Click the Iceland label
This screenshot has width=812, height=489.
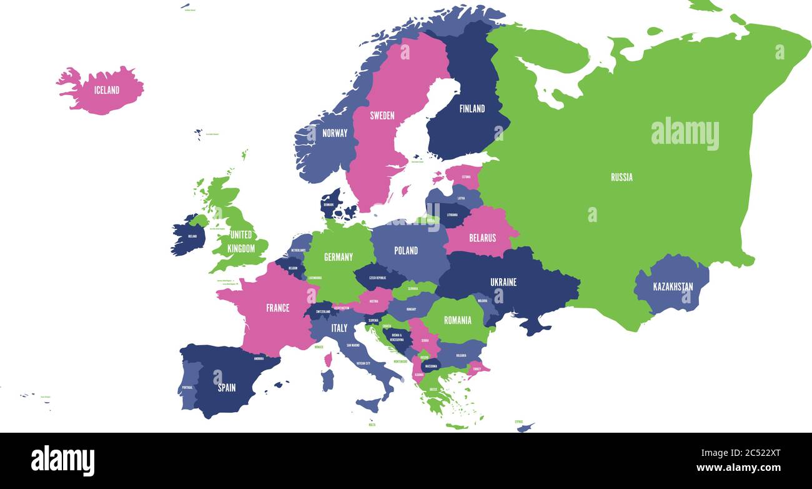107,90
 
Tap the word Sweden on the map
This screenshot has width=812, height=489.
382,115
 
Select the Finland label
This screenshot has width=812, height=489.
472,109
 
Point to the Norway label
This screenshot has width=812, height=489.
335,133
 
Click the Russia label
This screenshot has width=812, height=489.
621,177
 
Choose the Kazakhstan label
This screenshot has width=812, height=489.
673,287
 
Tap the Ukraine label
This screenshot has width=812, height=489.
503,282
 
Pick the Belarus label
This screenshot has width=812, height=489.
482,238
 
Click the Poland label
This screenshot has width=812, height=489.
406,250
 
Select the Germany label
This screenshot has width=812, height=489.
339,256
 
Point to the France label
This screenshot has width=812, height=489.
277,308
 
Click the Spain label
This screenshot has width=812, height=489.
227,388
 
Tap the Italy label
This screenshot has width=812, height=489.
339,328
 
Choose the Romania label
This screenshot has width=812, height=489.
457,320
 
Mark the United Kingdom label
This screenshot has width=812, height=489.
241,241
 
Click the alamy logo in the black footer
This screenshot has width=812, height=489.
62,461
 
